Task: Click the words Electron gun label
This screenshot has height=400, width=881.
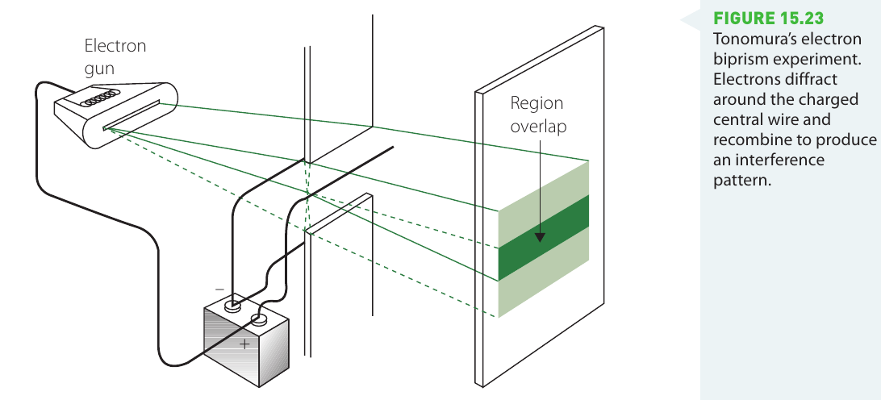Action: (115, 56)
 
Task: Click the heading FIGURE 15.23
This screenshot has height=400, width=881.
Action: (769, 19)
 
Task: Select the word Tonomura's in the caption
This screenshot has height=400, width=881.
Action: (748, 39)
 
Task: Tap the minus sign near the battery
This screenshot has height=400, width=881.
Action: (219, 290)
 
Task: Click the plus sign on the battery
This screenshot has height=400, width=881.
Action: (244, 344)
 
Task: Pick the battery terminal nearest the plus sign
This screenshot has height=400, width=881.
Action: (258, 320)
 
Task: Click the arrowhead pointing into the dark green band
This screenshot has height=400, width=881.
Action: (540, 236)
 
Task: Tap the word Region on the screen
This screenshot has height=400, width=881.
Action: (536, 104)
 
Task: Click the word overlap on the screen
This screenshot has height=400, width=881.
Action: (538, 127)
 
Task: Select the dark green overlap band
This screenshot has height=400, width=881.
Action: (543, 238)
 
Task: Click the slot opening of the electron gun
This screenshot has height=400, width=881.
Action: (131, 116)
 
